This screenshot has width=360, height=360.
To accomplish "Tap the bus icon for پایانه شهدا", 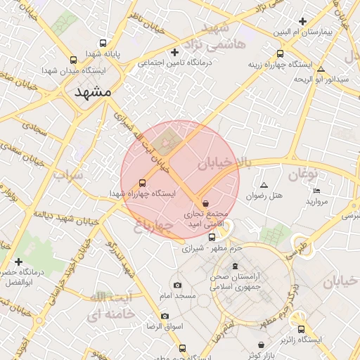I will [x=104, y=43].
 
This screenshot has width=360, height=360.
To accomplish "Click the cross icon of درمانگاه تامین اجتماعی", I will [x=174, y=52].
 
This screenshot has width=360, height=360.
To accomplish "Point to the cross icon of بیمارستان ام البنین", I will [x=302, y=21].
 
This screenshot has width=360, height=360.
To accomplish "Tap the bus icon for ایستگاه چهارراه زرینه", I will [x=281, y=53].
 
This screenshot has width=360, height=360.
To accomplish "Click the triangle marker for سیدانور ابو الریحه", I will [x=321, y=69].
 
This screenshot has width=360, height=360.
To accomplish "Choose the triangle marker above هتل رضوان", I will [x=264, y=185].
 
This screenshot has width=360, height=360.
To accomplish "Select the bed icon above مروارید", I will [x=316, y=191].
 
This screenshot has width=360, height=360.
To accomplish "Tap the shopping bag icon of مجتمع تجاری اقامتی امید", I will [x=205, y=202].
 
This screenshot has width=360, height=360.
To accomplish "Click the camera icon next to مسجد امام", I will [x=176, y=285].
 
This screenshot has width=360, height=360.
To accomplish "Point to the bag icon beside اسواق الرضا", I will [x=164, y=316].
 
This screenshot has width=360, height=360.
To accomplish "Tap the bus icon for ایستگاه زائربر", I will [x=302, y=328].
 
